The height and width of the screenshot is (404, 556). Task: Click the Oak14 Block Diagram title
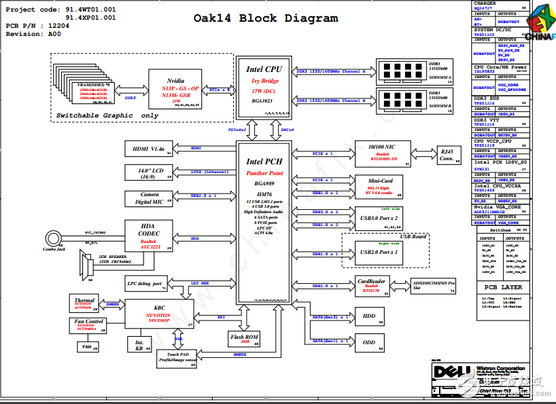pyautogui.click(x=266, y=18)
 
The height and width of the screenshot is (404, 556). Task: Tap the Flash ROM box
pyautogui.click(x=245, y=338)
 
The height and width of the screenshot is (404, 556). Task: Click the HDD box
pyautogui.click(x=369, y=316)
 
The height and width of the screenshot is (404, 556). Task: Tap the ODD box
pyautogui.click(x=369, y=343)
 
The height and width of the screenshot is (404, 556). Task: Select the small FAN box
pyautogui.click(x=86, y=347)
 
